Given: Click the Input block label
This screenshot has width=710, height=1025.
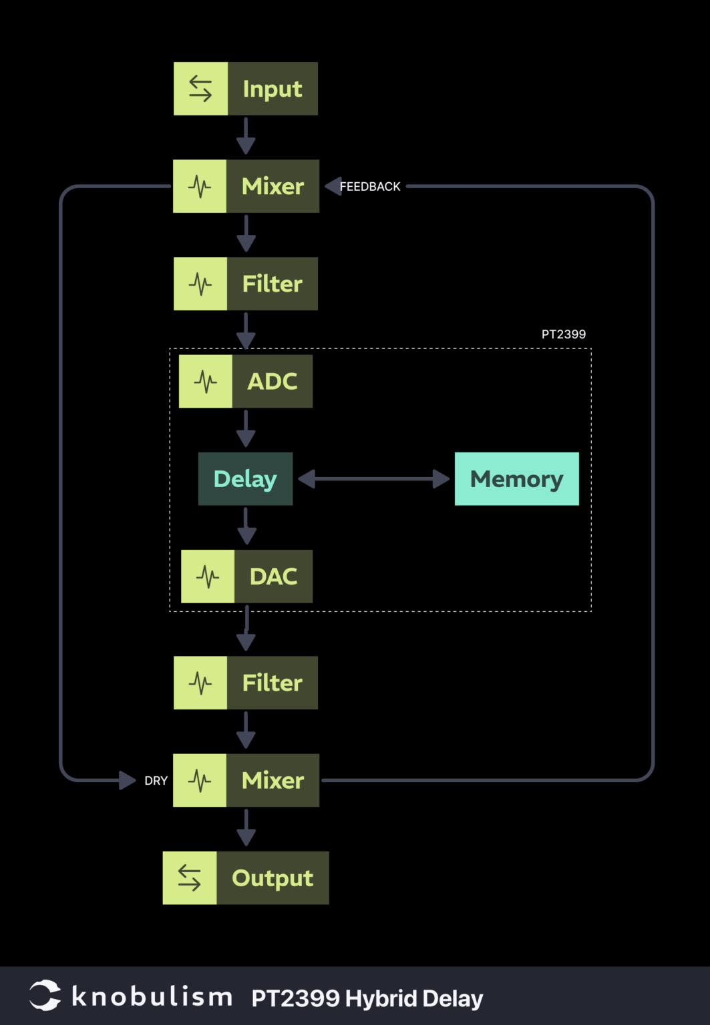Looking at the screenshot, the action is (273, 89).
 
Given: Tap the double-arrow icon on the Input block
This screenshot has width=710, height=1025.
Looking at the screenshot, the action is (200, 88).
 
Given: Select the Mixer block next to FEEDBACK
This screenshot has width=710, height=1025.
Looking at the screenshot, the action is (246, 186).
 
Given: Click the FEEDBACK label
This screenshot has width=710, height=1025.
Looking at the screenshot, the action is (370, 187).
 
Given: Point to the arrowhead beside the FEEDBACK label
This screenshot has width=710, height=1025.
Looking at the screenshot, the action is (333, 186).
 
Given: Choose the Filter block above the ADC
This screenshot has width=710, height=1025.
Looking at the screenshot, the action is (246, 284).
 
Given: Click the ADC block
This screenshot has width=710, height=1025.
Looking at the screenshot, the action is (246, 381).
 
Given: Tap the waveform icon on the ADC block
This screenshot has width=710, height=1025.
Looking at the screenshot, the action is (206, 381).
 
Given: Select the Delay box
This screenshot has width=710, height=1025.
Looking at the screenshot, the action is (246, 479).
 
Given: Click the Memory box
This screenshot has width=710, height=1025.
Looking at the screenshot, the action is (517, 479).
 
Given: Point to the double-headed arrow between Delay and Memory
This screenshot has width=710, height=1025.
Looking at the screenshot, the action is (374, 479).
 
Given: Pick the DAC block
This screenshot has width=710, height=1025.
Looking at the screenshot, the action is (247, 577).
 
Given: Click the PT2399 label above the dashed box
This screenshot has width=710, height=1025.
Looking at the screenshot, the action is (564, 334).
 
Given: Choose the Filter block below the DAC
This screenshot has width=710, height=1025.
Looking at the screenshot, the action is (246, 683).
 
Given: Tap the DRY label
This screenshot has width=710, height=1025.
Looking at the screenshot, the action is (156, 781).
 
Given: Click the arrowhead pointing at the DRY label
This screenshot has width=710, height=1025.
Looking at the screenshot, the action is (128, 780).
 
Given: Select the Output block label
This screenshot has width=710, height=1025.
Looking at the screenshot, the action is (273, 878).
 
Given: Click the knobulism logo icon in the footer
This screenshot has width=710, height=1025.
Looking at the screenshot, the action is (45, 995).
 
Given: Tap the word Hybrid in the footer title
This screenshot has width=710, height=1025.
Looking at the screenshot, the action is (381, 998).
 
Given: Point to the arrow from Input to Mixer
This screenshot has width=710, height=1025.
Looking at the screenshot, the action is (246, 136).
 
